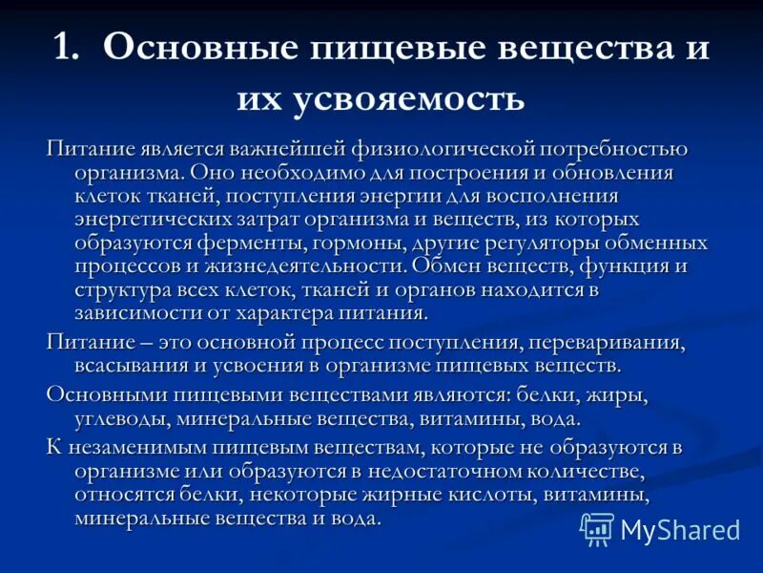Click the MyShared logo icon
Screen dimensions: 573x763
click(x=597, y=528)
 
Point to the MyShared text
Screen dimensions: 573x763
click(x=680, y=529)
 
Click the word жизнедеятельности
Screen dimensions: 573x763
click(x=309, y=265)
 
